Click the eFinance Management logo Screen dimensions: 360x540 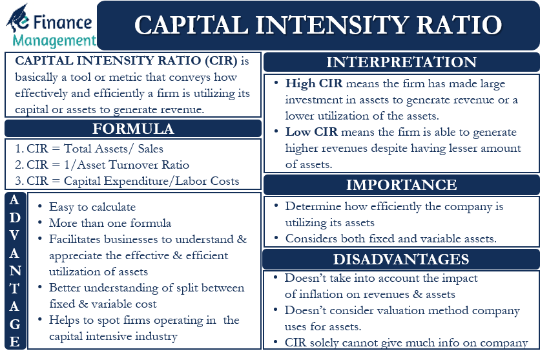[50, 25]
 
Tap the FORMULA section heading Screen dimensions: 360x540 [133, 128]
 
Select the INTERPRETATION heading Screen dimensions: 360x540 [401, 63]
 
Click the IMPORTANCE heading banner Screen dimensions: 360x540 [401, 185]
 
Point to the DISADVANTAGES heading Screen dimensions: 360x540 [401, 259]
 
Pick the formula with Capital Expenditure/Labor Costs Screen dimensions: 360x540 [127, 181]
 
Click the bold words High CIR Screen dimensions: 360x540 [309, 84]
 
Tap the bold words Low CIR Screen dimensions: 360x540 [307, 132]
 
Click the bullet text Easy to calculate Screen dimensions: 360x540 [92, 207]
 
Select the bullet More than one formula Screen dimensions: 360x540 [110, 223]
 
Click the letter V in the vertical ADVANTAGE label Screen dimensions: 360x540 [14, 233]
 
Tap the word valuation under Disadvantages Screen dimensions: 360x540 [402, 310]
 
